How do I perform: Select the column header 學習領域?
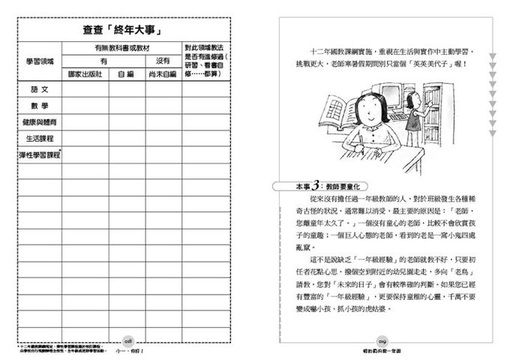click(x=40, y=60)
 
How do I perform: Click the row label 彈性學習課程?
click(x=40, y=154)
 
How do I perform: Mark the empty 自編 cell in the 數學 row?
click(x=124, y=106)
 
